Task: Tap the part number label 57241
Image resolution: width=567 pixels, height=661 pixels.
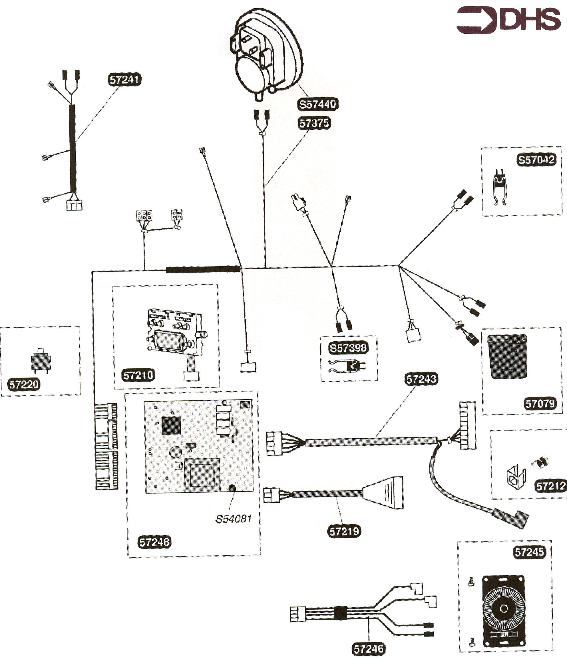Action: tap(124, 79)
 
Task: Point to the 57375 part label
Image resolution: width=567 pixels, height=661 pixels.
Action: tap(314, 123)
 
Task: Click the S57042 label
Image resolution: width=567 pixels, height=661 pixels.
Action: tap(536, 160)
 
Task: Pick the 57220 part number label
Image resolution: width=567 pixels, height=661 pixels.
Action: tap(24, 384)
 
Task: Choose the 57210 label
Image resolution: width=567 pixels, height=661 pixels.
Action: tap(138, 375)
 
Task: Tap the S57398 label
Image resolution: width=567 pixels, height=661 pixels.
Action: tap(348, 347)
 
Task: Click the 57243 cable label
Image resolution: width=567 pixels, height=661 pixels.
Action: tap(421, 379)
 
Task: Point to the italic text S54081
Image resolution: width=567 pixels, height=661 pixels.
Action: tap(234, 519)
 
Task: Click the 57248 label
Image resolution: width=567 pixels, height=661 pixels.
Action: tap(154, 542)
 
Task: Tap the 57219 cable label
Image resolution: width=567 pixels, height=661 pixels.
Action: tap(344, 531)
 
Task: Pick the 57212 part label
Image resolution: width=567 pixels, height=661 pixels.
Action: tap(551, 486)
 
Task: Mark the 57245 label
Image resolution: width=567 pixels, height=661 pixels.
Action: tap(529, 552)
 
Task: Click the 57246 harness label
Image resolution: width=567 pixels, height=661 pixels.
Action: tap(369, 648)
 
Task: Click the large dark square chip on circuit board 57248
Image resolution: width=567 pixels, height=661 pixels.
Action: tap(171, 425)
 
